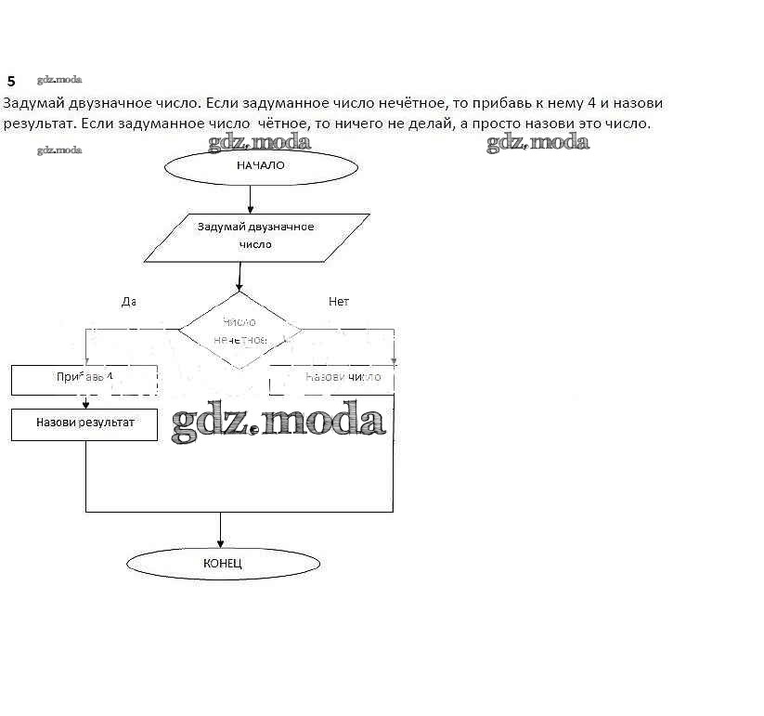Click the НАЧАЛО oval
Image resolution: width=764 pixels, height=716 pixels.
(261, 166)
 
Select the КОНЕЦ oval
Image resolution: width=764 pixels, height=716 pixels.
(223, 564)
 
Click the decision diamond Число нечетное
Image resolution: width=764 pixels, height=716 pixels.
(240, 331)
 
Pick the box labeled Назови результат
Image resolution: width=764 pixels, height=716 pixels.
(84, 423)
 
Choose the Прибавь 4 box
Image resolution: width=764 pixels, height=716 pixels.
(84, 378)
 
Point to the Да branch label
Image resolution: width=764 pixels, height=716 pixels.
(129, 302)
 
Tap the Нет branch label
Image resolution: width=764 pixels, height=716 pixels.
(339, 302)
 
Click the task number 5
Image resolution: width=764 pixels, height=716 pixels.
(11, 82)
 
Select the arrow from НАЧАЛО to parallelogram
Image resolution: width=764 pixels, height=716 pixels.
(250, 199)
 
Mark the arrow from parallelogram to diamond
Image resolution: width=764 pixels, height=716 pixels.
(240, 276)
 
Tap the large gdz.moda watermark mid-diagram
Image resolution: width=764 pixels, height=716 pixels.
(278, 423)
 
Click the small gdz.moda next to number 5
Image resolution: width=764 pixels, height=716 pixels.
(59, 81)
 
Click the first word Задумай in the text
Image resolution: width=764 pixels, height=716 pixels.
(32, 103)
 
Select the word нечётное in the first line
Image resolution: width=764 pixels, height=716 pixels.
(412, 103)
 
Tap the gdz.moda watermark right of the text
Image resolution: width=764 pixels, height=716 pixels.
(537, 142)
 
